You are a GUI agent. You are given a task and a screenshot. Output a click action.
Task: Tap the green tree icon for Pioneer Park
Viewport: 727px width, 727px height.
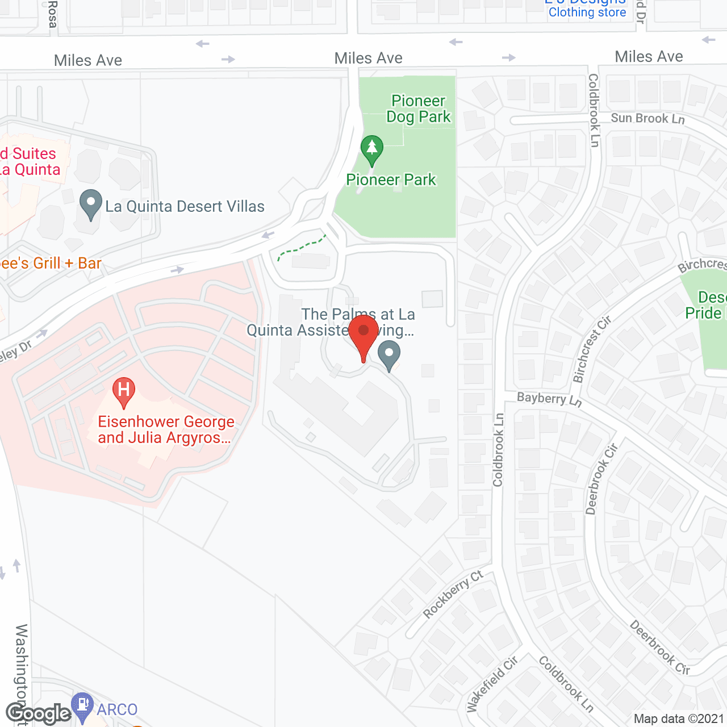click(372, 148)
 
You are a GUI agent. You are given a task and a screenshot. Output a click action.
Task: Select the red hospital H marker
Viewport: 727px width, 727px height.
click(124, 390)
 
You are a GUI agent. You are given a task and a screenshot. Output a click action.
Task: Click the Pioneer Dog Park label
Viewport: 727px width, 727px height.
click(419, 108)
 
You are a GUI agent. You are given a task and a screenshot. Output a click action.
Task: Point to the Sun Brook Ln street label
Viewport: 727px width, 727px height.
click(647, 118)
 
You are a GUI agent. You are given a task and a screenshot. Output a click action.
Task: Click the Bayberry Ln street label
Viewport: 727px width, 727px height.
click(549, 399)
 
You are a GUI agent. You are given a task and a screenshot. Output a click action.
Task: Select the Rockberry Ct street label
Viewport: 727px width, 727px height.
click(453, 594)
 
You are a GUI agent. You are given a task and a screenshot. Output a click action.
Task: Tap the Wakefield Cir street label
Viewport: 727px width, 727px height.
click(492, 684)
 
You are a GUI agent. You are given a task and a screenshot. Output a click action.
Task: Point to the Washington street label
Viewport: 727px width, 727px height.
click(22, 670)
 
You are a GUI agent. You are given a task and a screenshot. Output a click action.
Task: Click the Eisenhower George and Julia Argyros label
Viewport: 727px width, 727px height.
click(166, 429)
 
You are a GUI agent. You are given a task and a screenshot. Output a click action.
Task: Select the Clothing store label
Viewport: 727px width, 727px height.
click(587, 12)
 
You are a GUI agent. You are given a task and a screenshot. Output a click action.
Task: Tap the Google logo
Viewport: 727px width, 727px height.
click(39, 713)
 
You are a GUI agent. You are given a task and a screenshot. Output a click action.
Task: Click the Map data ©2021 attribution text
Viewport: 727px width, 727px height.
click(679, 719)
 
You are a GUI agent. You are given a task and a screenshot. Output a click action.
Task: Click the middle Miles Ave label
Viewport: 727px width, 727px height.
click(368, 58)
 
